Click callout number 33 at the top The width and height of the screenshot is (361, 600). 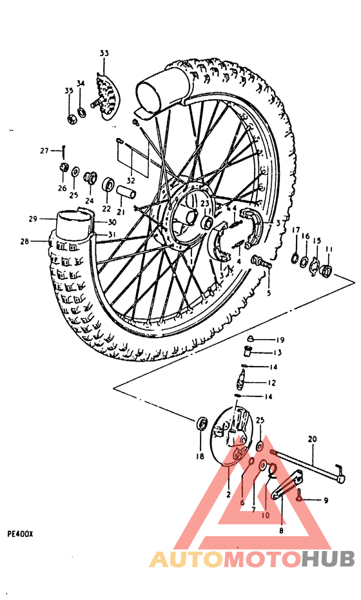pos(104,53)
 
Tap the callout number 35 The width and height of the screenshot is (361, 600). pos(68,91)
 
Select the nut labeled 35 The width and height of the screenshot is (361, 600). pos(73,118)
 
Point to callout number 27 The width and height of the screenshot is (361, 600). pos(44,151)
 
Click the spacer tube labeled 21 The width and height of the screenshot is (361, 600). pos(126,192)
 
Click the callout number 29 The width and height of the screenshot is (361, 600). pos(34,219)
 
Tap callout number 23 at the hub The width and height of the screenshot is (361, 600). pos(204,204)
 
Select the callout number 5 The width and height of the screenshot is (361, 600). pos(269,292)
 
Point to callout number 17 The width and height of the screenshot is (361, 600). pos(295,230)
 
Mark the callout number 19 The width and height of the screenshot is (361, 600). pos(280,340)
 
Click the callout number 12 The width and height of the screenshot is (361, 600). pos(273,383)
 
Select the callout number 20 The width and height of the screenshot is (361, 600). pos(313,439)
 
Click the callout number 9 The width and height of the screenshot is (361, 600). pos(326,500)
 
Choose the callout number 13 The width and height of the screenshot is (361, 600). pos(277,353)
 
